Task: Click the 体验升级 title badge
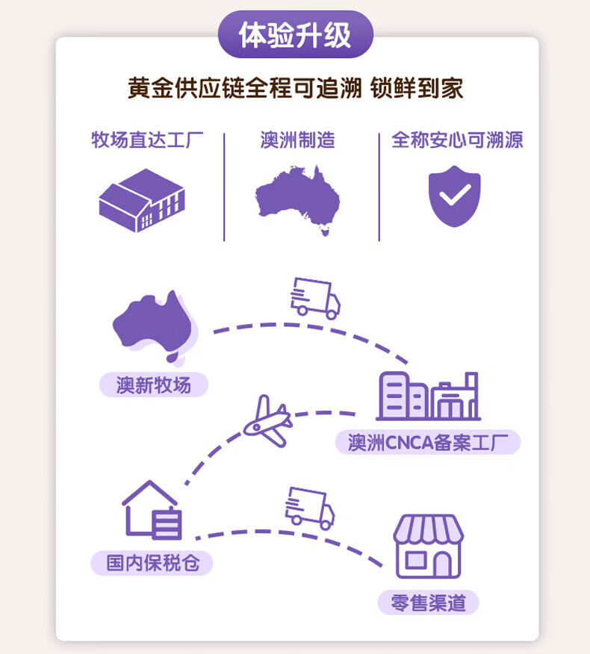pyautogui.click(x=295, y=34)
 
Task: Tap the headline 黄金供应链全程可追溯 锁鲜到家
pyautogui.click(x=295, y=88)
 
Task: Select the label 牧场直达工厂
pyautogui.click(x=147, y=140)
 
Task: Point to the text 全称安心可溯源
pyautogui.click(x=457, y=140)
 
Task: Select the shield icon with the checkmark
pyautogui.click(x=454, y=196)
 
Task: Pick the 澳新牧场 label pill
pyautogui.click(x=154, y=384)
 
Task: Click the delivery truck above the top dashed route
pyautogui.click(x=314, y=296)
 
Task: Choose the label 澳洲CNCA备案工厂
pyautogui.click(x=427, y=442)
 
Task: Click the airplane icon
pyautogui.click(x=266, y=421)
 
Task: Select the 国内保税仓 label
pyautogui.click(x=152, y=562)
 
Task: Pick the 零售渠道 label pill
pyautogui.click(x=428, y=602)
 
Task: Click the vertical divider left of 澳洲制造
pyautogui.click(x=224, y=187)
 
